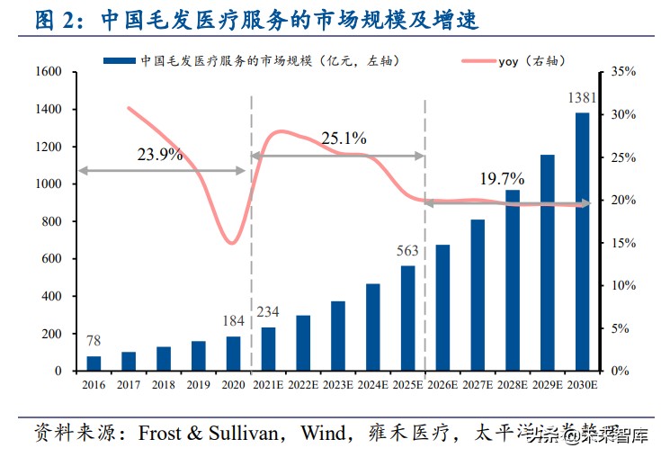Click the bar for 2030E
tap(582, 241)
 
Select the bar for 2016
tap(94, 363)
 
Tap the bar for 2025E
tap(407, 318)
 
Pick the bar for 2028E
tap(513, 280)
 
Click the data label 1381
tap(582, 97)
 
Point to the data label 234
tap(268, 312)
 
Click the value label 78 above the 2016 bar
tap(94, 341)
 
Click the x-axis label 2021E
tap(268, 384)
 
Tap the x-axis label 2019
tap(198, 384)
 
